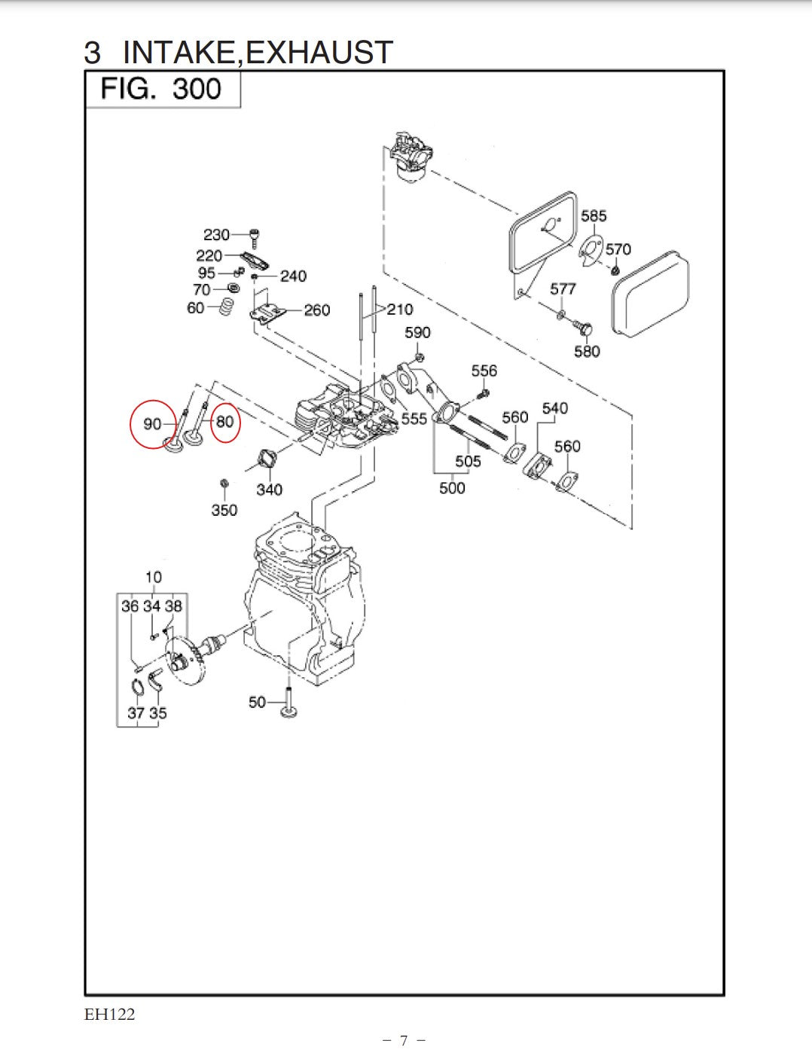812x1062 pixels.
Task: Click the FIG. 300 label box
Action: pos(162,90)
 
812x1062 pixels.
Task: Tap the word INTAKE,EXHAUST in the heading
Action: pos(257,52)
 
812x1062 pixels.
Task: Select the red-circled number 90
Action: pos(152,424)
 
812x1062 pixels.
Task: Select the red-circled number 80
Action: pos(224,422)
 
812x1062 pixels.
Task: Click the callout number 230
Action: pos(216,235)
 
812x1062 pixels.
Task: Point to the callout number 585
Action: pos(594,216)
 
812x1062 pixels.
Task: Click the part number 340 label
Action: pos(269,490)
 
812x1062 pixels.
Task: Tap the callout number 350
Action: pos(224,510)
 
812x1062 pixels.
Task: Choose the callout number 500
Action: pos(452,488)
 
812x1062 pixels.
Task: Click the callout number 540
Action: pos(555,408)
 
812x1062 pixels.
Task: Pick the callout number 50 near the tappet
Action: pos(257,702)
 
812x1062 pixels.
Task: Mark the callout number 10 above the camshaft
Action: pos(153,577)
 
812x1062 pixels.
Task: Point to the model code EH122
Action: pos(110,1015)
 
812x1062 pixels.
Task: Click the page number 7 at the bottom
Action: pos(404,1041)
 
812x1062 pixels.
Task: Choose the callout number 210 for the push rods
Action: pos(400,310)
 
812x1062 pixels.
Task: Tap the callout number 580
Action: pos(587,351)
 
